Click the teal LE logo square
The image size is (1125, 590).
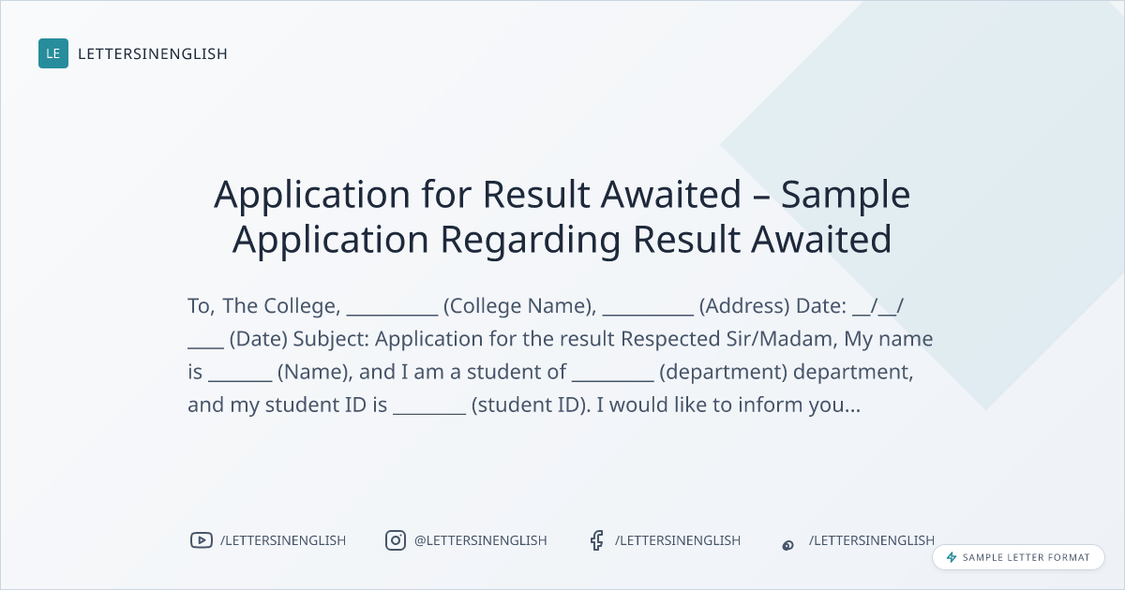[53, 53]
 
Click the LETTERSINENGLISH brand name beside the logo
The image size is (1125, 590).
[153, 53]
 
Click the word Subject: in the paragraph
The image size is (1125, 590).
[331, 339]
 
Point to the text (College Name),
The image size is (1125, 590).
[519, 306]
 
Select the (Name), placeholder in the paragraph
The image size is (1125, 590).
[315, 373]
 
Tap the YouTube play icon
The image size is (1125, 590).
[202, 540]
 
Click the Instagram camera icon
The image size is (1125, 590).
[396, 540]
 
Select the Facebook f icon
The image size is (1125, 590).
[596, 540]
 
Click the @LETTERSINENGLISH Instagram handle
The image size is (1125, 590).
[481, 540]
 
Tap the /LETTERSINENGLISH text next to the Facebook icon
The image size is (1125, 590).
[678, 540]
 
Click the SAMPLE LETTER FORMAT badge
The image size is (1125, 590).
[1018, 557]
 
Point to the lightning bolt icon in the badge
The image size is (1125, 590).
[952, 557]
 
